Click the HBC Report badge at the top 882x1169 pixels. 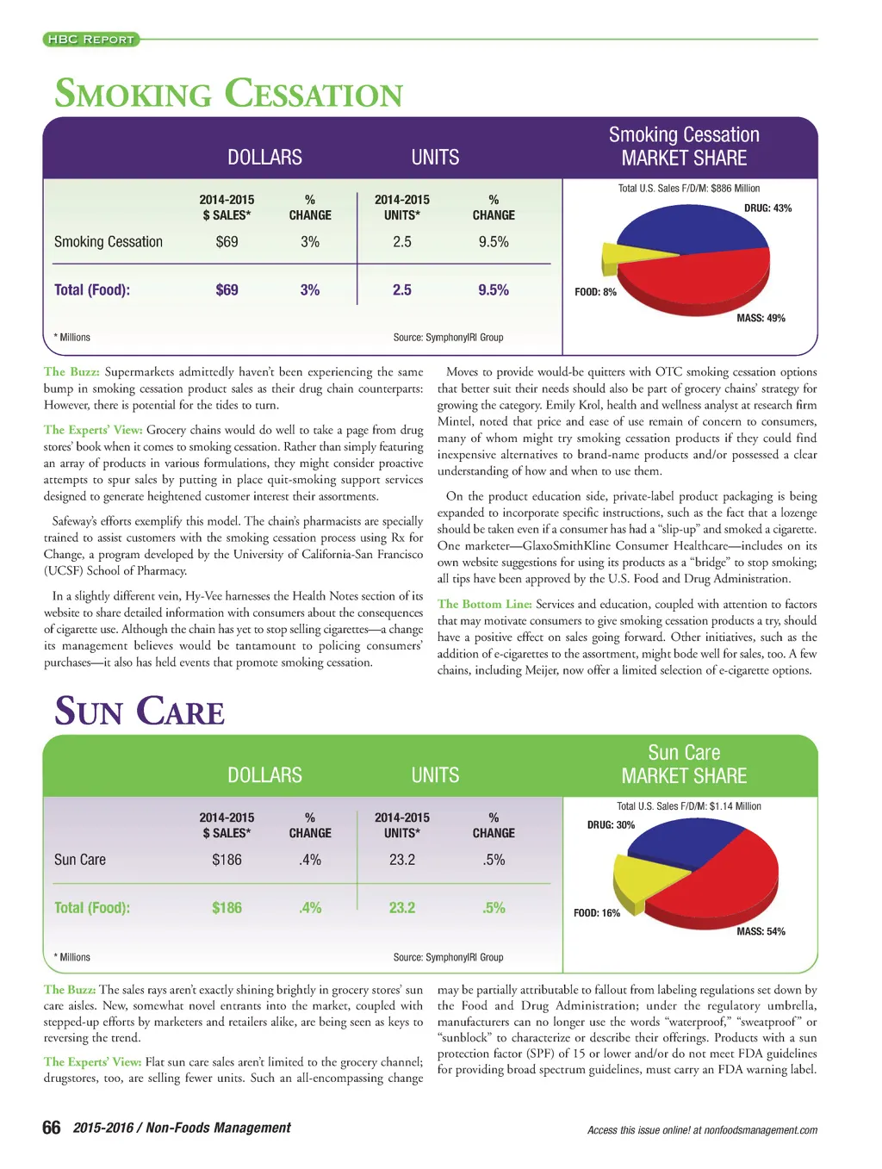90,39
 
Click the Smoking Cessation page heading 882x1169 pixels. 228,94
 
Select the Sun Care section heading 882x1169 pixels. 140,712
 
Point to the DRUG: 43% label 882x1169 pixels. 767,208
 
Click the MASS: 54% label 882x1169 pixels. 761,931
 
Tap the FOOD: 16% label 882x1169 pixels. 596,913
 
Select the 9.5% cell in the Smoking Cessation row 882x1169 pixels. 494,242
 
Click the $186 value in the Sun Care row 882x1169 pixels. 227,860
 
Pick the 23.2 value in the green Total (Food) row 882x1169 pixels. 401,908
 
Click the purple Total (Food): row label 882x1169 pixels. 92,290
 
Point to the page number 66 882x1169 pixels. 52,1128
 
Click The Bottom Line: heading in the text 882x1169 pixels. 484,604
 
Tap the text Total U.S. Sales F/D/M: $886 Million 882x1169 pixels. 689,189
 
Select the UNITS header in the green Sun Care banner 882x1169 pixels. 435,775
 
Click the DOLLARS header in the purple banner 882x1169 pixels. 264,158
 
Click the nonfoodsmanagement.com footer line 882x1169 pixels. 702,1130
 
